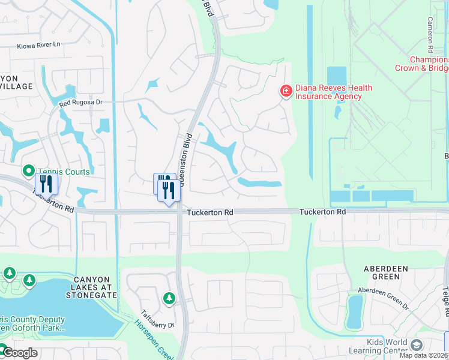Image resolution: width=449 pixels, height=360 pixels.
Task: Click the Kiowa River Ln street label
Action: pos(39,46)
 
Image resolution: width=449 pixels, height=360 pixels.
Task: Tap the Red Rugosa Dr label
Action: pos(81,103)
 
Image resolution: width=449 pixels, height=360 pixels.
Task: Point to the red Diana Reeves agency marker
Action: pos(286,91)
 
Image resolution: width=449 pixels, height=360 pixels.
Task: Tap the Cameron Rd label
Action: pos(430,34)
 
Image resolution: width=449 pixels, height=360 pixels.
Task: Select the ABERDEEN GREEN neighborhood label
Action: pos(382,272)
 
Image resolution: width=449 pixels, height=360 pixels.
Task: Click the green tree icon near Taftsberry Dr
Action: pos(169,298)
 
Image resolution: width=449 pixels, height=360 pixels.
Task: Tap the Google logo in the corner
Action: pos(19,353)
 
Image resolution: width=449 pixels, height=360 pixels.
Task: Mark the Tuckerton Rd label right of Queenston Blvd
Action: pos(209,213)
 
